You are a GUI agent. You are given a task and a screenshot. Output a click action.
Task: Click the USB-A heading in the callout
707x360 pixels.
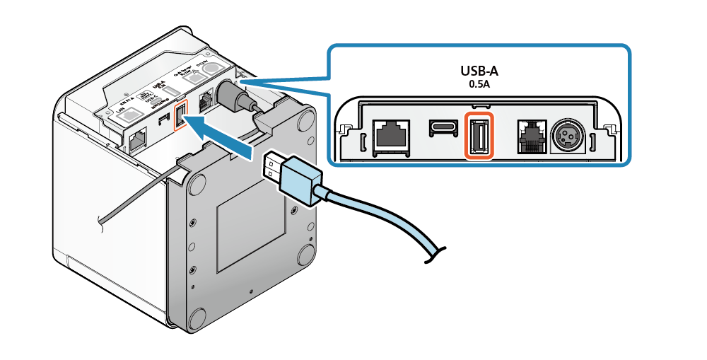(479, 71)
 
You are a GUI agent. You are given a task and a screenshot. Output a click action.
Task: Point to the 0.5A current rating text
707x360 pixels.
(479, 84)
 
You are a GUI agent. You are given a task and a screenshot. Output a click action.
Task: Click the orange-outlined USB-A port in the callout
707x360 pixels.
(479, 134)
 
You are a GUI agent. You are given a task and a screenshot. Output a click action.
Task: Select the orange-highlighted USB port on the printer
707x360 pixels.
(180, 114)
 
